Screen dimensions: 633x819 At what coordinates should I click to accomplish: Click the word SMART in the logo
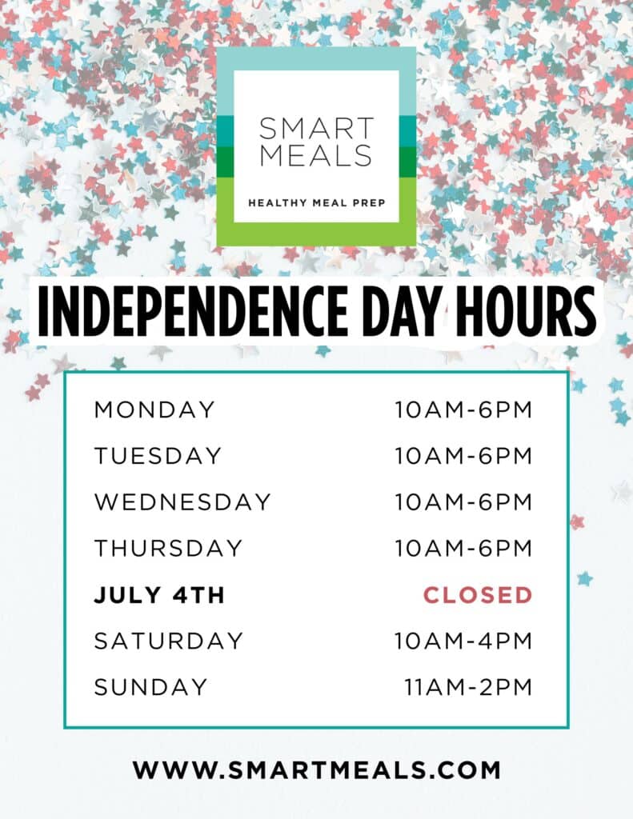point(316,129)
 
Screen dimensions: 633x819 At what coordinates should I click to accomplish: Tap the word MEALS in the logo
point(316,155)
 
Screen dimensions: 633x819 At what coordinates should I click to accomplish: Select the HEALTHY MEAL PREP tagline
point(316,202)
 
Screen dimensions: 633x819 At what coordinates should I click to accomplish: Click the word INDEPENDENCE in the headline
point(193,311)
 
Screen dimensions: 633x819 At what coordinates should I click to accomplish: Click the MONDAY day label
point(154,410)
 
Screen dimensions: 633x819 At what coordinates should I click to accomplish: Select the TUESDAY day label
point(158,456)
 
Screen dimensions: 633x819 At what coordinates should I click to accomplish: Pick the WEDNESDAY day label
point(182,502)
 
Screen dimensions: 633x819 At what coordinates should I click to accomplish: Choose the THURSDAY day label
point(168,549)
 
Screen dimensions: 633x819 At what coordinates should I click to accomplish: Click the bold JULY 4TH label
point(159,595)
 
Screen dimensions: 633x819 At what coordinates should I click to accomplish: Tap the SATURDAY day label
point(169,641)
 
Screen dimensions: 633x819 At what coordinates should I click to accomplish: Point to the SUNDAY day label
point(151,687)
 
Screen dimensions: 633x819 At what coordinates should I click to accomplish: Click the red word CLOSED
point(478,595)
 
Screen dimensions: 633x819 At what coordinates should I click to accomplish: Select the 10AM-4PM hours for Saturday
point(463,641)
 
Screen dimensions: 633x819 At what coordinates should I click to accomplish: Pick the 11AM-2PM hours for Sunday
point(468,687)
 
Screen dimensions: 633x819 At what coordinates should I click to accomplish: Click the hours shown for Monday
point(463,410)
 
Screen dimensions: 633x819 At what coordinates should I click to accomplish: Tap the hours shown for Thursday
point(463,549)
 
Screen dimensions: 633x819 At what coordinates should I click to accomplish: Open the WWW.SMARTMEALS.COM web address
point(317,770)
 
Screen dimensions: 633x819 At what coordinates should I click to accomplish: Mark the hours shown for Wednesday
point(463,502)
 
